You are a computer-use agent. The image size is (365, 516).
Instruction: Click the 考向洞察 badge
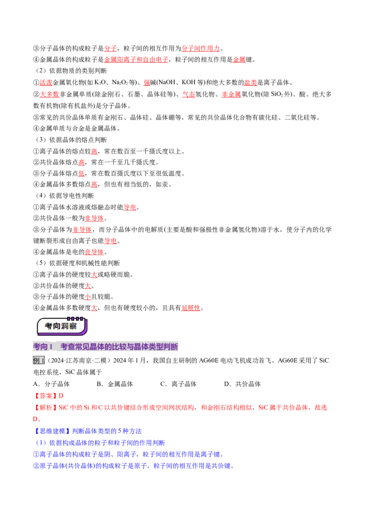pos(62,326)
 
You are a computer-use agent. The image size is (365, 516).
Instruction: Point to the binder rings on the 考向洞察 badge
pos(75,319)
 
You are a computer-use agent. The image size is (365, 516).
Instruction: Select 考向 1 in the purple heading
pos(43,347)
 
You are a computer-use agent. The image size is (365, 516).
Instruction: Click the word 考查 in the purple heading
pos(68,347)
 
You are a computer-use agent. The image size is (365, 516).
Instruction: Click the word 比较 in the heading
pos(122,347)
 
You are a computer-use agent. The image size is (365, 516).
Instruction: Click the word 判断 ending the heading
pos(172,347)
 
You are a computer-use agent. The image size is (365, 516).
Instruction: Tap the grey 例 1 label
pos(39,360)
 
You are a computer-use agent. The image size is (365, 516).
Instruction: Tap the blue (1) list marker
pos(41,442)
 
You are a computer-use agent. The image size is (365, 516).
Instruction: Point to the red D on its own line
pos(36,418)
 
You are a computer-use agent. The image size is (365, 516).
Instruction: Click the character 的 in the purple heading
pos(109,347)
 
